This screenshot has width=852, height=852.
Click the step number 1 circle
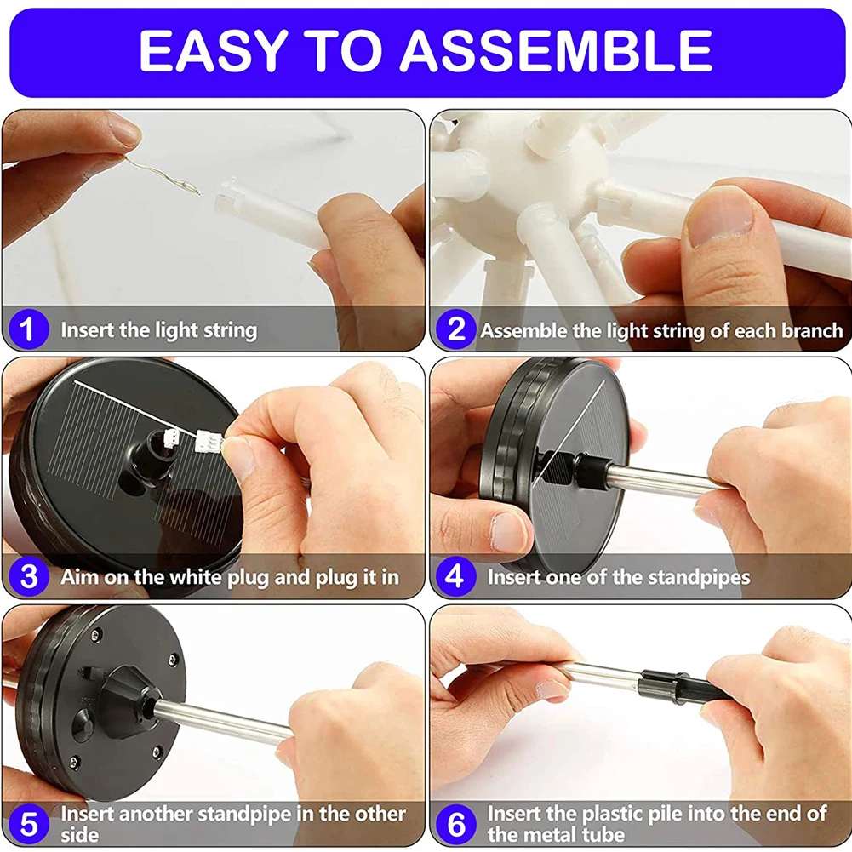(29, 329)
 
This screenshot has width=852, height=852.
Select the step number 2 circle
(456, 329)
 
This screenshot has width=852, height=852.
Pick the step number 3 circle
(29, 576)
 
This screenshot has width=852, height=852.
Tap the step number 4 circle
(456, 576)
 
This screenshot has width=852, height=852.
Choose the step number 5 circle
(29, 824)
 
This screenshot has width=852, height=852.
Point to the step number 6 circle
(456, 824)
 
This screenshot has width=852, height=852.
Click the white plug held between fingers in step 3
(209, 441)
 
